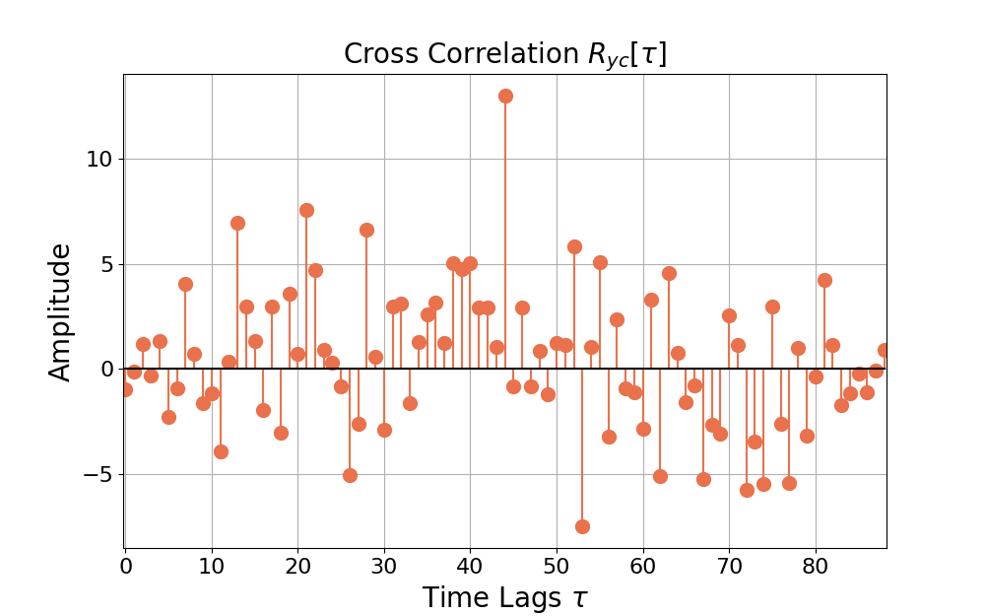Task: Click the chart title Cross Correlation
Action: [x=504, y=54]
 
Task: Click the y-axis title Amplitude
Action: [x=61, y=311]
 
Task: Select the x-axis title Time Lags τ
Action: [x=504, y=597]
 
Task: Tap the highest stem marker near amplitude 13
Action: [x=505, y=96]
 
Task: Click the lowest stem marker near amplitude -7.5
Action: [x=582, y=526]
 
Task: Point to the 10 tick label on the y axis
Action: [x=98, y=159]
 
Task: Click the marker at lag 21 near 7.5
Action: [x=306, y=210]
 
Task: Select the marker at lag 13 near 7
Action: [x=237, y=223]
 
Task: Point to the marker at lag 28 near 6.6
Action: [x=366, y=230]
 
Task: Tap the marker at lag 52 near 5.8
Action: [x=574, y=246]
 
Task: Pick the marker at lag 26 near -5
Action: [x=350, y=475]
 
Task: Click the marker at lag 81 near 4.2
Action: [x=824, y=280]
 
